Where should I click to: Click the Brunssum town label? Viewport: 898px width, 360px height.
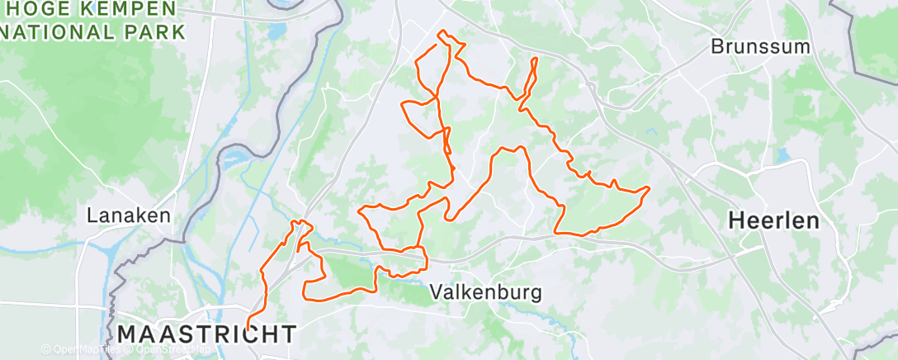pyautogui.click(x=760, y=46)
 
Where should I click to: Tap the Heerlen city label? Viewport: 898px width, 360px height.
pyautogui.click(x=773, y=220)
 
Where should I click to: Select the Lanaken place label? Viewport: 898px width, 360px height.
pyautogui.click(x=130, y=216)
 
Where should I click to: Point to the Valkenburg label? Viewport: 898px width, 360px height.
pyautogui.click(x=486, y=292)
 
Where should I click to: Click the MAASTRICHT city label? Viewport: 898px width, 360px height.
pyautogui.click(x=206, y=334)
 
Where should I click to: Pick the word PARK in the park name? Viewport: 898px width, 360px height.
pyautogui.click(x=149, y=33)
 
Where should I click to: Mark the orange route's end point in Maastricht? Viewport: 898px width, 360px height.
pyautogui.click(x=247, y=329)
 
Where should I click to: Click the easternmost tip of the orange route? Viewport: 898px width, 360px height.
pyautogui.click(x=650, y=189)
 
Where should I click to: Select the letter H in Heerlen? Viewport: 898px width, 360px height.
pyautogui.click(x=735, y=220)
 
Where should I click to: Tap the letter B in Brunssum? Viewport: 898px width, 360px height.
pyautogui.click(x=717, y=46)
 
